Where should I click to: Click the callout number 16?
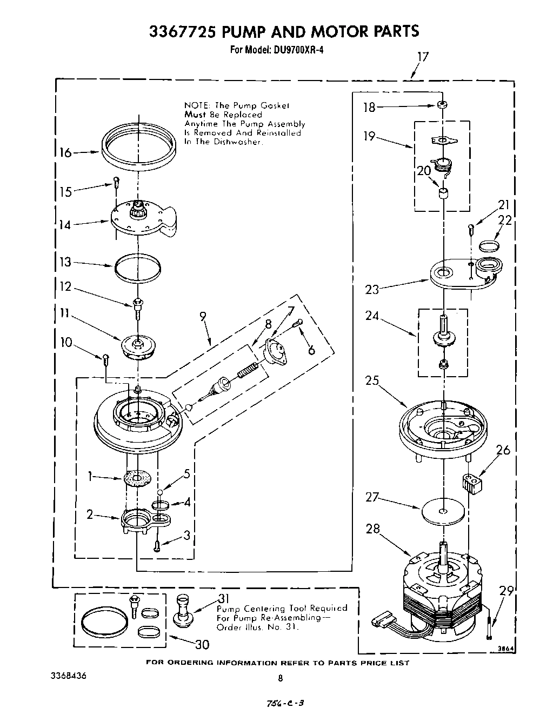pyautogui.click(x=65, y=153)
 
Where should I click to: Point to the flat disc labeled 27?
pyautogui.click(x=443, y=511)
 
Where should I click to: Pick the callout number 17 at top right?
pyautogui.click(x=423, y=57)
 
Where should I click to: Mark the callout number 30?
pyautogui.click(x=202, y=644)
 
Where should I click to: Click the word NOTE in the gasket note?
pyautogui.click(x=198, y=105)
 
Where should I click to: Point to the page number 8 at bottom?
pyautogui.click(x=280, y=678)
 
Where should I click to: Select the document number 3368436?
pyautogui.click(x=68, y=676)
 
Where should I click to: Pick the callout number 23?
pyautogui.click(x=372, y=289)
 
